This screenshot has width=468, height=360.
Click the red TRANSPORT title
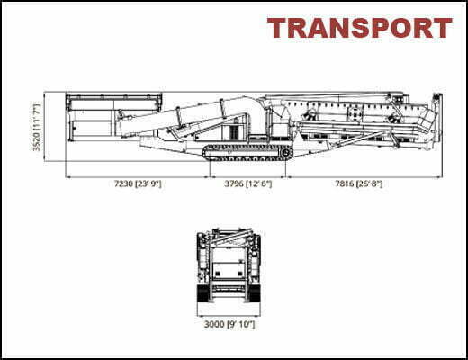360,28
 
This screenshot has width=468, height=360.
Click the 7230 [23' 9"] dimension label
138,184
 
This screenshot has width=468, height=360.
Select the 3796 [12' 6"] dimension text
248,184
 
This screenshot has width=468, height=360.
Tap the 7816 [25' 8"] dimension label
359,184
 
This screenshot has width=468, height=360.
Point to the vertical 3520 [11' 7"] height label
37,128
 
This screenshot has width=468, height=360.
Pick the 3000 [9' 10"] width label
229,324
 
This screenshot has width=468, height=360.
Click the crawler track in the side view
247,152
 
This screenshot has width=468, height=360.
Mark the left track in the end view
203,293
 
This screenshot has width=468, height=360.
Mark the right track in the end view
255,293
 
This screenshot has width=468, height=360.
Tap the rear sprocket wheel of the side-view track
285,153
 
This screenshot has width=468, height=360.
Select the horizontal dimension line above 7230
138,177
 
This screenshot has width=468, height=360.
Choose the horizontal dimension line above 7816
364,177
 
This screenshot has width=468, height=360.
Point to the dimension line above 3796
247,177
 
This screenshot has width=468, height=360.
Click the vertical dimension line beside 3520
44,127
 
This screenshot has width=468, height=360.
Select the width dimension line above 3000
229,316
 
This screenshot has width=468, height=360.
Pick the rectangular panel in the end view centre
229,270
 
